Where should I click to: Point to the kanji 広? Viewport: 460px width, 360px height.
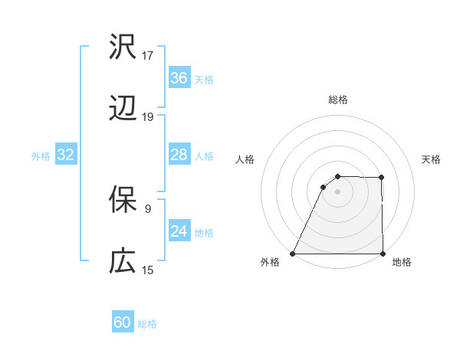pyautogui.click(x=123, y=262)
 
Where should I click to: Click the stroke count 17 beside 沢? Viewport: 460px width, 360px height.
pyautogui.click(x=148, y=56)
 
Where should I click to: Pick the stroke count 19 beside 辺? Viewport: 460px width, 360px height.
pyautogui.click(x=148, y=117)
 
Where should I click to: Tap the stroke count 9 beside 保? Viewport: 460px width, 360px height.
pyautogui.click(x=148, y=208)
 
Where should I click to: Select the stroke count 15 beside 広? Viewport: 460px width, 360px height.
pyautogui.click(x=148, y=270)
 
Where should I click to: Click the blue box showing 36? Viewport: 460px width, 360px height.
pyautogui.click(x=179, y=78)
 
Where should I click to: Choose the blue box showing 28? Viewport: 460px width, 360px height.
pyautogui.click(x=179, y=155)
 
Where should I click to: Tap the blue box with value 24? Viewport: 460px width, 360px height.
pyautogui.click(x=179, y=231)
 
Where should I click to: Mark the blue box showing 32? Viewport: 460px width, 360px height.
pyautogui.click(x=65, y=155)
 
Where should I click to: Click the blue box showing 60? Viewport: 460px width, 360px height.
pyautogui.click(x=123, y=322)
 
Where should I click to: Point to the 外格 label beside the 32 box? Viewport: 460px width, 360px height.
pyautogui.click(x=41, y=155)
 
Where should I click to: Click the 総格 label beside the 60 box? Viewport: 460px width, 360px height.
pyautogui.click(x=147, y=324)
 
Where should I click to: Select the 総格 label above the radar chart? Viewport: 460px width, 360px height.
pyautogui.click(x=337, y=100)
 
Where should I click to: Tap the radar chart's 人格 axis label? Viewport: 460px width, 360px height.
pyautogui.click(x=245, y=159)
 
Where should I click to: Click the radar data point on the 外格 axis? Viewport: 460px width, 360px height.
pyautogui.click(x=293, y=254)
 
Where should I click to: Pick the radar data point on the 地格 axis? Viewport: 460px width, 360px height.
pyautogui.click(x=382, y=254)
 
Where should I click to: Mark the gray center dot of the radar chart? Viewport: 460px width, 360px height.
pyautogui.click(x=337, y=191)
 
